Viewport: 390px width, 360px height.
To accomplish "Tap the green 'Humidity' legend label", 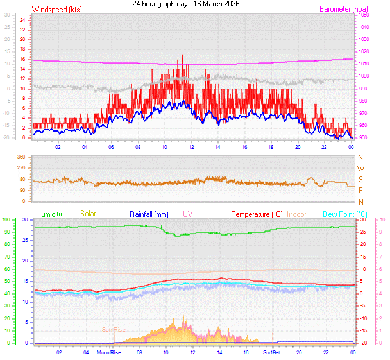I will (49, 214).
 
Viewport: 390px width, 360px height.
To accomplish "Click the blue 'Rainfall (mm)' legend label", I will (149, 214).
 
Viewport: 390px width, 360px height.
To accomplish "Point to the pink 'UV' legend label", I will (187, 214).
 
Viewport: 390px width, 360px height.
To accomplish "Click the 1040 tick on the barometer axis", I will (364, 27).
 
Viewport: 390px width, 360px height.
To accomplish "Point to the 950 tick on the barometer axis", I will (364, 138).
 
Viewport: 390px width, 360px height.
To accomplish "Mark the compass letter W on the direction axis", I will (360, 168).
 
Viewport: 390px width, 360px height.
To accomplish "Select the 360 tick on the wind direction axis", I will (21, 157).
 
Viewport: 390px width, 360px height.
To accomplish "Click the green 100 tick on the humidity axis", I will (6, 220).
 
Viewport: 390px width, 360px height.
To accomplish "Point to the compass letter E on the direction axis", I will (360, 191).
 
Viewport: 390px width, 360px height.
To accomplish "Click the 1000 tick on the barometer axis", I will (364, 76).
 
